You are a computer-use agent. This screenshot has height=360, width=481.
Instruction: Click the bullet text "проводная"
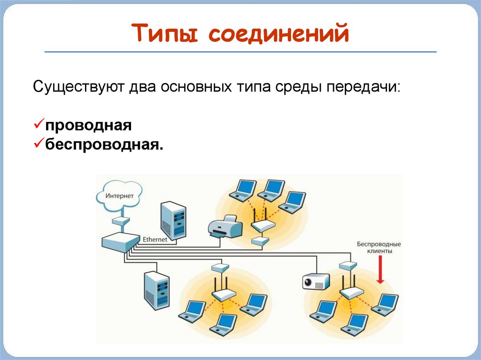tap(88, 125)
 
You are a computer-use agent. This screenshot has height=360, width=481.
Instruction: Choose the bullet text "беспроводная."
tap(105, 144)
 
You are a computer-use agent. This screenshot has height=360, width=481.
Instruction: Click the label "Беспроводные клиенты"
tap(379, 247)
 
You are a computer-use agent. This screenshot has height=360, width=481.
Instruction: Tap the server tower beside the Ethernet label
tap(173, 221)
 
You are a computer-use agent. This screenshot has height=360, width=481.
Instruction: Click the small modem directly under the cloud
tap(121, 221)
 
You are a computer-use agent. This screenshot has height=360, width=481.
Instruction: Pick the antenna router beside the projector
tap(351, 291)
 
